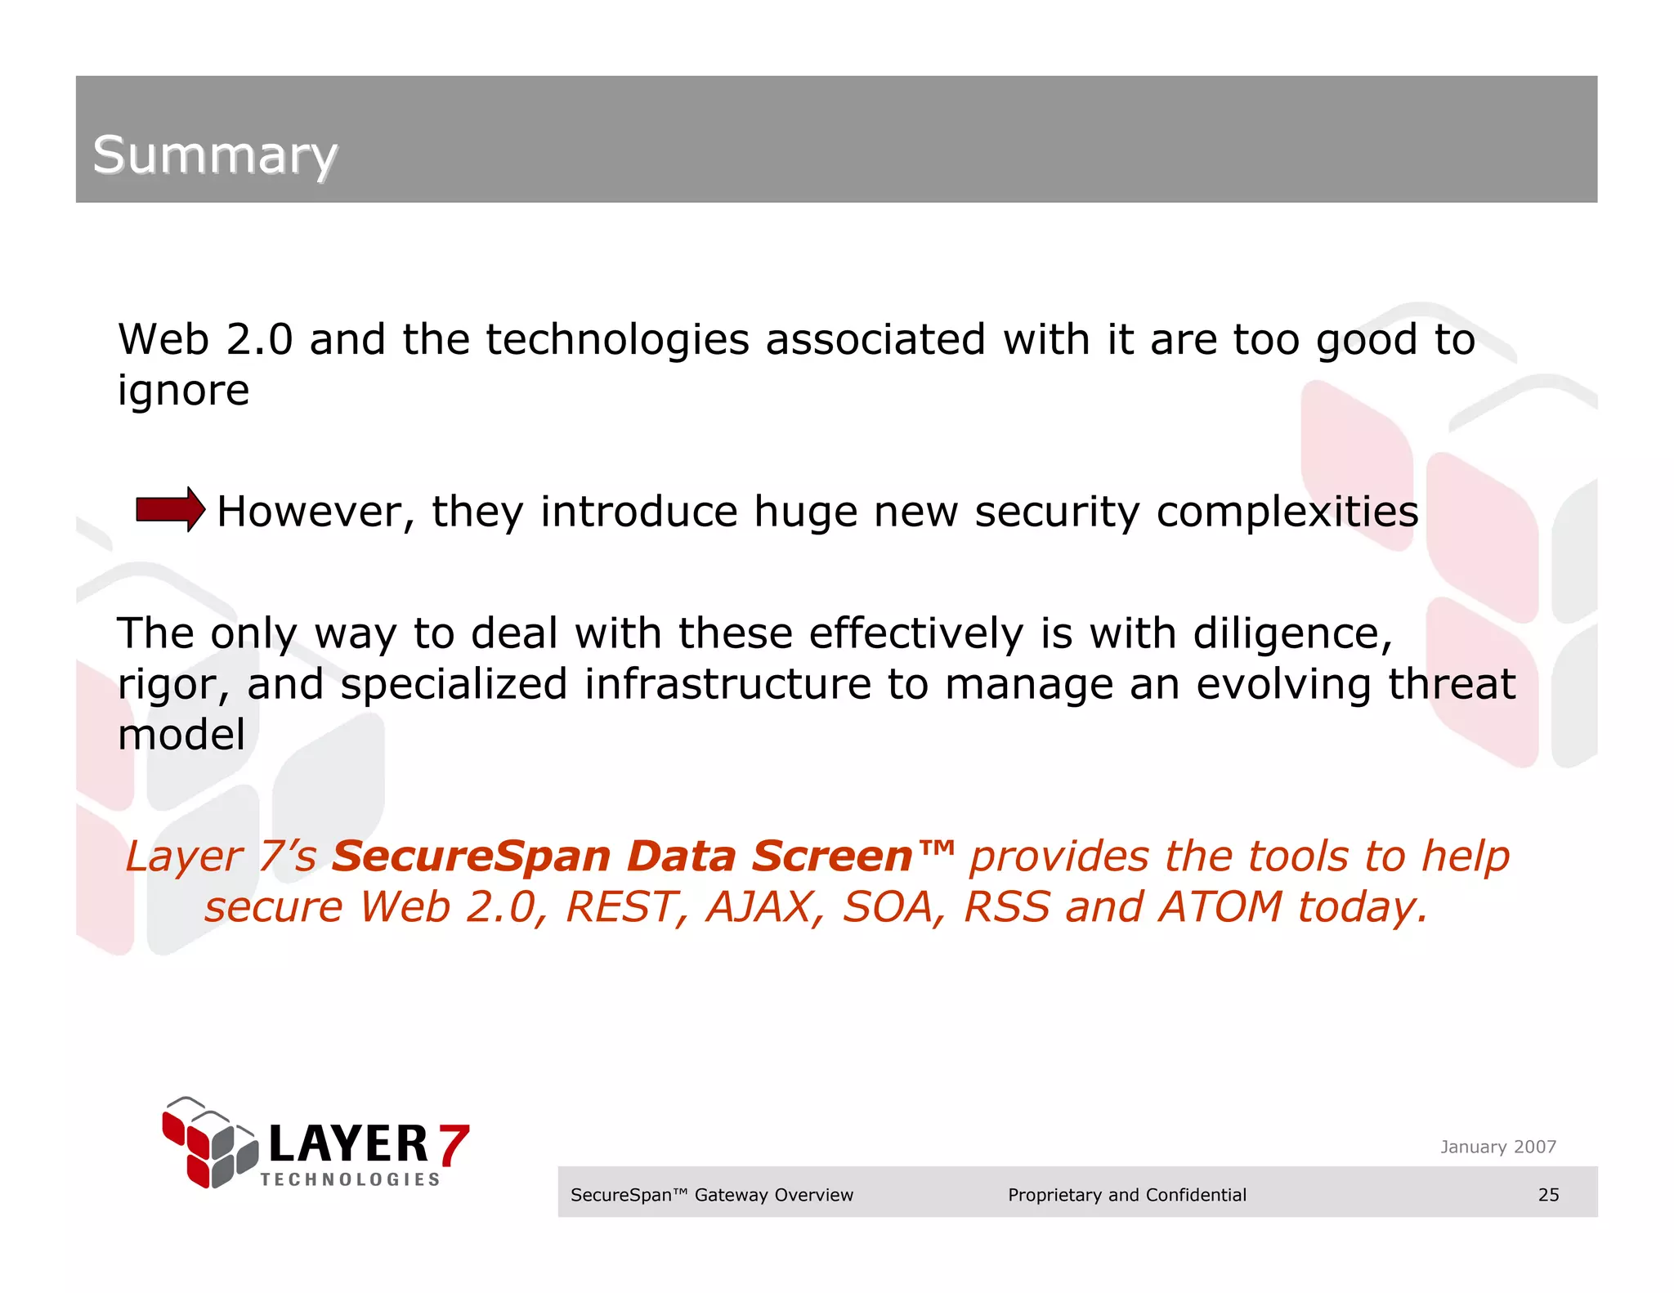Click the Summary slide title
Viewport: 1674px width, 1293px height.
(215, 155)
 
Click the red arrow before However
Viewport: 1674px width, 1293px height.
(170, 510)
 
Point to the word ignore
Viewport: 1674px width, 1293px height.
(183, 391)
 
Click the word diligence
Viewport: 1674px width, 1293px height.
(1291, 634)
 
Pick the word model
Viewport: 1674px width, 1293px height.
(181, 735)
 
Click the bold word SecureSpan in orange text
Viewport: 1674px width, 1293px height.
(471, 857)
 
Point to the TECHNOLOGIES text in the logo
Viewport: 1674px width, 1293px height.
(350, 1179)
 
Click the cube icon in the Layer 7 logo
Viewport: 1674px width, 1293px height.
(209, 1143)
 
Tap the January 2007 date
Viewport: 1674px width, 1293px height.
(1497, 1147)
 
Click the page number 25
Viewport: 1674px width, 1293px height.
(1548, 1195)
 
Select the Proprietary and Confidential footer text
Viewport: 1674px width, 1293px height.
(1126, 1195)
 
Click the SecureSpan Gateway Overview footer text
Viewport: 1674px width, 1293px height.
(711, 1195)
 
